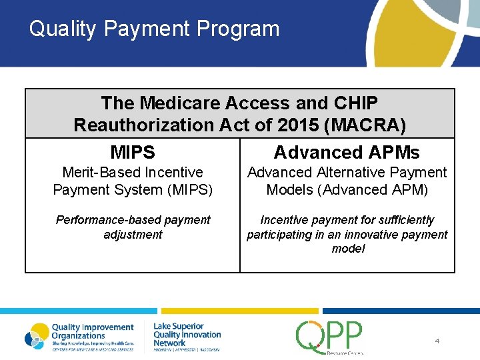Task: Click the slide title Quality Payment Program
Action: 154,29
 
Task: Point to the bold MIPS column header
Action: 133,153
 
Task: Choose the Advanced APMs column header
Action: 347,153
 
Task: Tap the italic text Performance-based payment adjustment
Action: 133,227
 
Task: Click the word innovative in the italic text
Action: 377,235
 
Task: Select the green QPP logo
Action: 329,337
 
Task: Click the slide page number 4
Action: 437,341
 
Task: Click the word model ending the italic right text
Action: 347,249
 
